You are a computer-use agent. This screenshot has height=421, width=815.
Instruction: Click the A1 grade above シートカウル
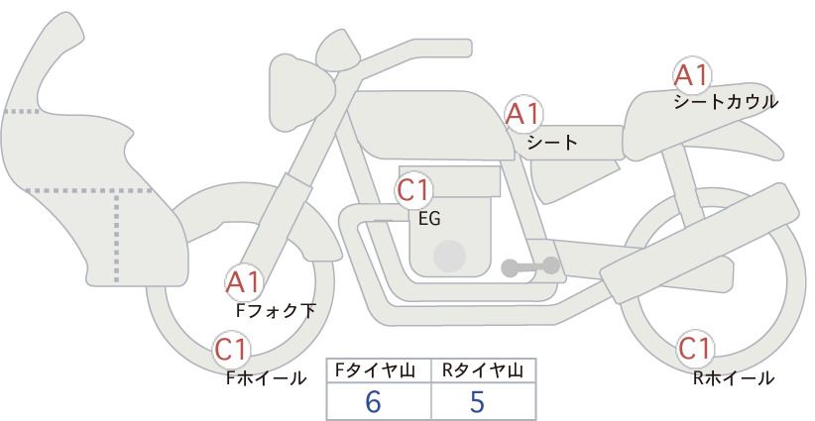click(692, 74)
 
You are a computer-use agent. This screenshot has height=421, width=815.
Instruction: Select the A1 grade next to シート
click(524, 113)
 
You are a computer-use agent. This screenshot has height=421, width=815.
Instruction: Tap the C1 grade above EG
click(413, 190)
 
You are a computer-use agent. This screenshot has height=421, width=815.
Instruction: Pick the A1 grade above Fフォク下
click(243, 282)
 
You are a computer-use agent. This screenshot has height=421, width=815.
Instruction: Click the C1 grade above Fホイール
click(231, 350)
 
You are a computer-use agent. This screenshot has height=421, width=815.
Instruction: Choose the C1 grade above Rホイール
click(694, 349)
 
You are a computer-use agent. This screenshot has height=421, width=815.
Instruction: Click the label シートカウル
click(726, 102)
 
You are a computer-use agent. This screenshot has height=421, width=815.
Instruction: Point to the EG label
click(429, 219)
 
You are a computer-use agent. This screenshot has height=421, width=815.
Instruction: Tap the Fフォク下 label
click(276, 311)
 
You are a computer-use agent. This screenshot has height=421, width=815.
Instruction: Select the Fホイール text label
click(267, 378)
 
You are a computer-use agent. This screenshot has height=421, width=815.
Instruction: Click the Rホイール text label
click(734, 378)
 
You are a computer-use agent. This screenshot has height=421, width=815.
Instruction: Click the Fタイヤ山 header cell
click(379, 370)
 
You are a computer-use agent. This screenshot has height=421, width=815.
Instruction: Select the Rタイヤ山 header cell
click(484, 370)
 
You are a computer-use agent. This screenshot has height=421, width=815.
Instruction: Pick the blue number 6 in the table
click(373, 401)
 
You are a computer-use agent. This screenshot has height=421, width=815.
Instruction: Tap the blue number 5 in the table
click(477, 401)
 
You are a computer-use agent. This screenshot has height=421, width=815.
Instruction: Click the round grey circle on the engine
click(449, 257)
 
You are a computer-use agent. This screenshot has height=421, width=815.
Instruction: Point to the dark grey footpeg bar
click(530, 266)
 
